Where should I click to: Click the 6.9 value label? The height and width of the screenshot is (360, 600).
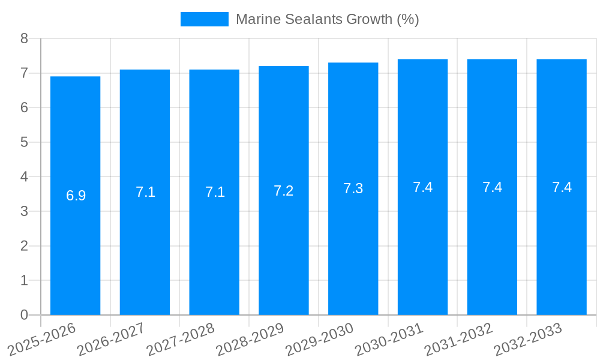pos(76,196)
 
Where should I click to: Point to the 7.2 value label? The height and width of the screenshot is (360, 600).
pos(283,191)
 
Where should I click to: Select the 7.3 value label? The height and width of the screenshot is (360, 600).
pos(353,188)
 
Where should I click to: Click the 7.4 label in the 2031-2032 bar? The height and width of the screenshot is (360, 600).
pos(492,187)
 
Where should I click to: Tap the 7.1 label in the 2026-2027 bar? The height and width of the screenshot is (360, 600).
pos(145,192)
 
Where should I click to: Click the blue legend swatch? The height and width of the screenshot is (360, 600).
pos(204,19)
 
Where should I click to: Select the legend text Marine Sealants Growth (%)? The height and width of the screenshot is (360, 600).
pos(327,19)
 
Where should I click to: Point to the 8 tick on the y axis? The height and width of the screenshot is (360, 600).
pos(24,38)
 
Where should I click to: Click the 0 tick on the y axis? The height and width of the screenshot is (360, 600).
pos(24,315)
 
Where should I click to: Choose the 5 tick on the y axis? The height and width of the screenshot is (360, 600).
pos(24,142)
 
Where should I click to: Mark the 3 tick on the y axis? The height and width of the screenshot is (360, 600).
pos(24,211)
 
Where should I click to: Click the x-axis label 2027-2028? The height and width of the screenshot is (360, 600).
pos(180,340)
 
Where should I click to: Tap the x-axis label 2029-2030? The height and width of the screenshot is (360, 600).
pos(319,340)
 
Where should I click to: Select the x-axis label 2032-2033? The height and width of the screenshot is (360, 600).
pos(527,340)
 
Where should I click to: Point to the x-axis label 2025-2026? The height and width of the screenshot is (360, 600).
pos(41,340)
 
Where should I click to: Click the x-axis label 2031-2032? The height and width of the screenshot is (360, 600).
pos(458,340)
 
